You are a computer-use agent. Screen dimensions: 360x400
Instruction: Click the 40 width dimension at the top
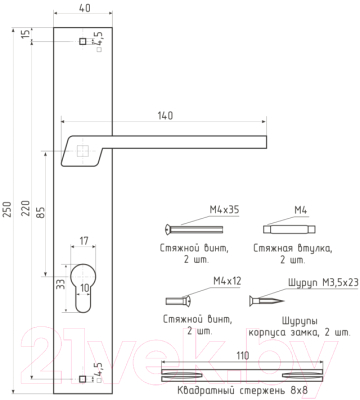pyautogui.click(x=85, y=8)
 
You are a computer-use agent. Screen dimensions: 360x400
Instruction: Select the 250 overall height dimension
pyautogui.click(x=8, y=209)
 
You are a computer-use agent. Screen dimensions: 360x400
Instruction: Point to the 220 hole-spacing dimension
pyautogui.click(x=26, y=208)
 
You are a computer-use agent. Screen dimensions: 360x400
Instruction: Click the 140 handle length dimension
pyautogui.click(x=165, y=116)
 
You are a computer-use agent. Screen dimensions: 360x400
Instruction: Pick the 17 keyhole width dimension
pyautogui.click(x=84, y=240)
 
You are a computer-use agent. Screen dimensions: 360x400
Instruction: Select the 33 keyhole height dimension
pyautogui.click(x=60, y=284)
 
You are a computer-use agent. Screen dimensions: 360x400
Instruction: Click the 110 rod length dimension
pyautogui.click(x=243, y=355)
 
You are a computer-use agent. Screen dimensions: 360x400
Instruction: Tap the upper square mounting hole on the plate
pyautogui.click(x=82, y=41)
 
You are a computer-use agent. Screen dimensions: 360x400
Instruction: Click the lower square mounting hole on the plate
pyautogui.click(x=82, y=379)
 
